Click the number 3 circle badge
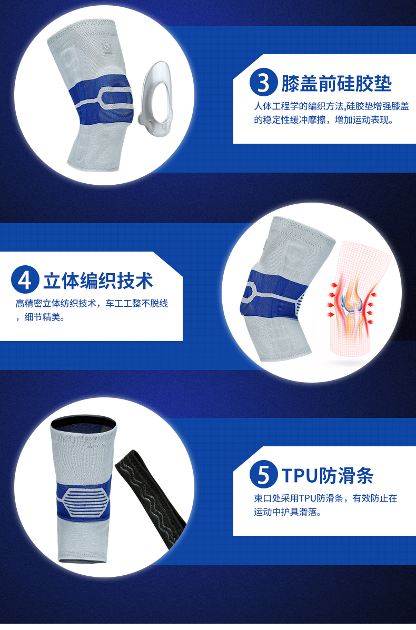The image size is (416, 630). [263, 82]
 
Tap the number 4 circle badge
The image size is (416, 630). [25, 279]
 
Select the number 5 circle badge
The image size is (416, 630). [263, 474]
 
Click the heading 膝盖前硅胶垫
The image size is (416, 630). [336, 83]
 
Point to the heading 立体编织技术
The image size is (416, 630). [98, 281]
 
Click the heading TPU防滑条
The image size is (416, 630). [328, 475]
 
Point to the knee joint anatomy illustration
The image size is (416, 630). [354, 297]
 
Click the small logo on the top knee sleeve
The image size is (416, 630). [107, 48]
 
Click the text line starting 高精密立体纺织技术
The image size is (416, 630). [92, 303]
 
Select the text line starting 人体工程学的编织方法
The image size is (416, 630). [332, 106]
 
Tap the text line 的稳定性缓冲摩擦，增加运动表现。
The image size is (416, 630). [324, 119]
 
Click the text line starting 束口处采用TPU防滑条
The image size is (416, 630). [325, 498]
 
